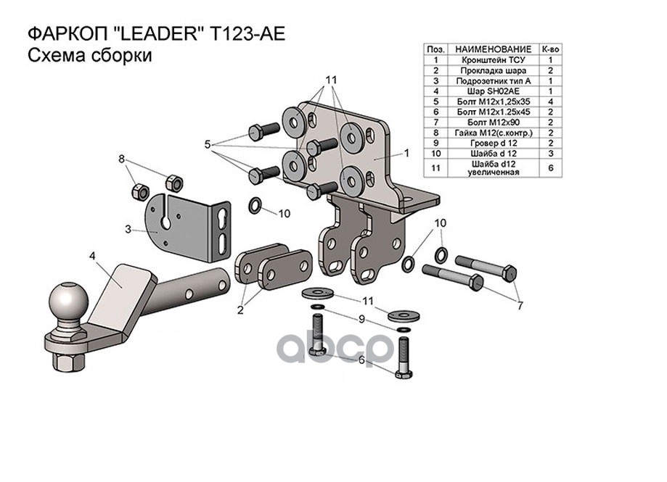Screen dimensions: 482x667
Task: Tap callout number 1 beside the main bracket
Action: (x=407, y=153)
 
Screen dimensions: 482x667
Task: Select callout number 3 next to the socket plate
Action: (x=128, y=230)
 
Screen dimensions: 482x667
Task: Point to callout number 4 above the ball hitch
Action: (x=93, y=255)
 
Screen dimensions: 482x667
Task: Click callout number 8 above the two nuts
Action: (x=122, y=158)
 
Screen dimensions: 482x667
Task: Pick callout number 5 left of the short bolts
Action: (x=208, y=145)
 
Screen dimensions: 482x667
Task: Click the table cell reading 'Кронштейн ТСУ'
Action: (x=488, y=60)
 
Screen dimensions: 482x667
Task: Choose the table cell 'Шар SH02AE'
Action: (x=488, y=91)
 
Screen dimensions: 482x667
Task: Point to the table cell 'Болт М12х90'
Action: (x=488, y=122)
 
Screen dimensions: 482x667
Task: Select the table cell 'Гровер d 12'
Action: (x=488, y=144)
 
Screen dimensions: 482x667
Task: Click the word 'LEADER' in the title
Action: (x=149, y=34)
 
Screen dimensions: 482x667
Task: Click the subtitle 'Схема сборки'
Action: (x=89, y=57)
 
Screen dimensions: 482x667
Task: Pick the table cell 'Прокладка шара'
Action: (x=488, y=70)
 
